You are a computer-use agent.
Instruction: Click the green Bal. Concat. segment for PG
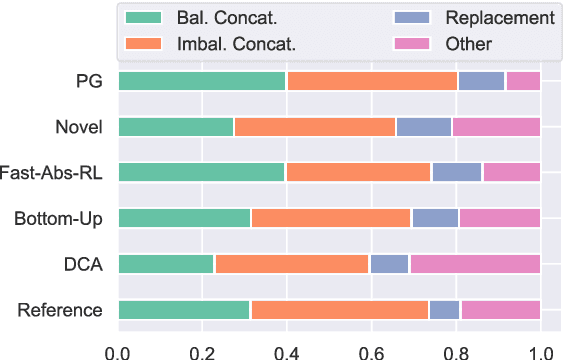pyautogui.click(x=202, y=81)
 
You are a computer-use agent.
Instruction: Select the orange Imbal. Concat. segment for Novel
pyautogui.click(x=315, y=127)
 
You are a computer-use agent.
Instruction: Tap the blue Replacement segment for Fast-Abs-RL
pyautogui.click(x=456, y=172)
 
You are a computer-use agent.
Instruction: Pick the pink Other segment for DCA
pyautogui.click(x=474, y=264)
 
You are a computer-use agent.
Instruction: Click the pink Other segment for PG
pyautogui.click(x=523, y=81)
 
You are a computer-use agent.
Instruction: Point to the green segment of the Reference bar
pyautogui.click(x=184, y=310)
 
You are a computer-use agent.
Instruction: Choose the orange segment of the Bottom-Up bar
pyautogui.click(x=331, y=218)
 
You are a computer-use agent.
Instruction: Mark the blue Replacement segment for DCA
pyautogui.click(x=389, y=264)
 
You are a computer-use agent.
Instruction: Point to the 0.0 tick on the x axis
pyautogui.click(x=118, y=351)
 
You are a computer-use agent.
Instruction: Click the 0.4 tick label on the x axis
pyautogui.click(x=287, y=351)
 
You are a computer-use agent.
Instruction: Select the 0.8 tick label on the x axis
pyautogui.click(x=456, y=351)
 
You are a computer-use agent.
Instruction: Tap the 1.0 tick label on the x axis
pyautogui.click(x=540, y=351)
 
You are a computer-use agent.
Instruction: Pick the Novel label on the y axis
pyautogui.click(x=79, y=127)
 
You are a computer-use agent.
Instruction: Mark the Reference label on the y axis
pyautogui.click(x=60, y=310)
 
